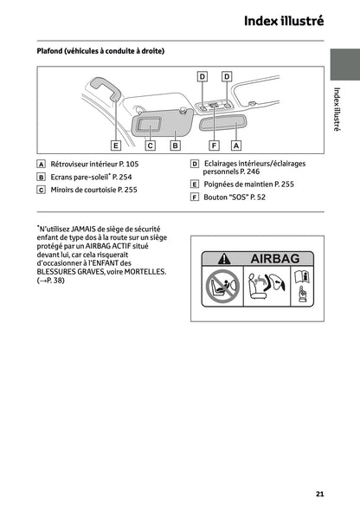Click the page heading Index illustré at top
point(283,21)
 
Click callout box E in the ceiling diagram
point(115,146)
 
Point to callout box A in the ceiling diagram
point(235,146)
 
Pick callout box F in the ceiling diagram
point(214,146)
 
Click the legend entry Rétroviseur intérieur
point(81,164)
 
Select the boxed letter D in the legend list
point(195,164)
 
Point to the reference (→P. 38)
point(55,281)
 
